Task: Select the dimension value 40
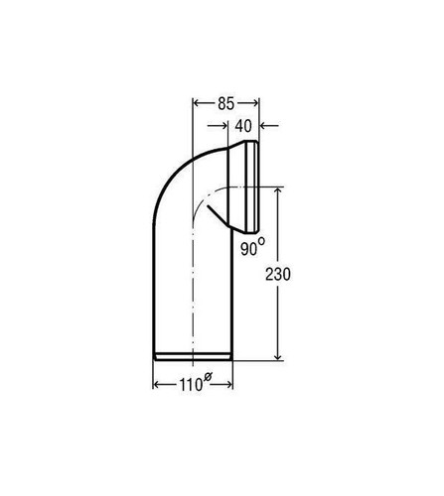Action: pos(243,126)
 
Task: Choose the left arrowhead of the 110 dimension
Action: pos(157,384)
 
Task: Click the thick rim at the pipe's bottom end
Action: pos(193,358)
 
